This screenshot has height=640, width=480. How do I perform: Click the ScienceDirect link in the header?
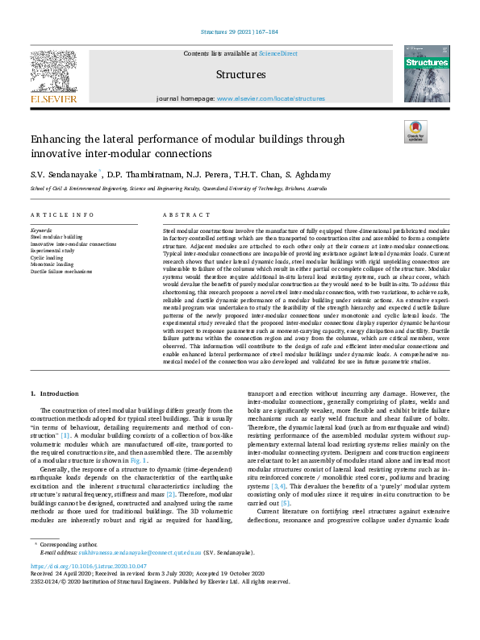coord(278,53)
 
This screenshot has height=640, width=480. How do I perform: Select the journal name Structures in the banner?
coord(240,74)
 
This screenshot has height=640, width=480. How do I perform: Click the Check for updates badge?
coord(415,131)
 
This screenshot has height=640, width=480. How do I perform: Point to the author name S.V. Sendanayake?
coord(64,174)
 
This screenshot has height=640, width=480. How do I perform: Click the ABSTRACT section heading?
coord(181,215)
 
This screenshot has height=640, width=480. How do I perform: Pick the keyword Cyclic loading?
coord(48,257)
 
